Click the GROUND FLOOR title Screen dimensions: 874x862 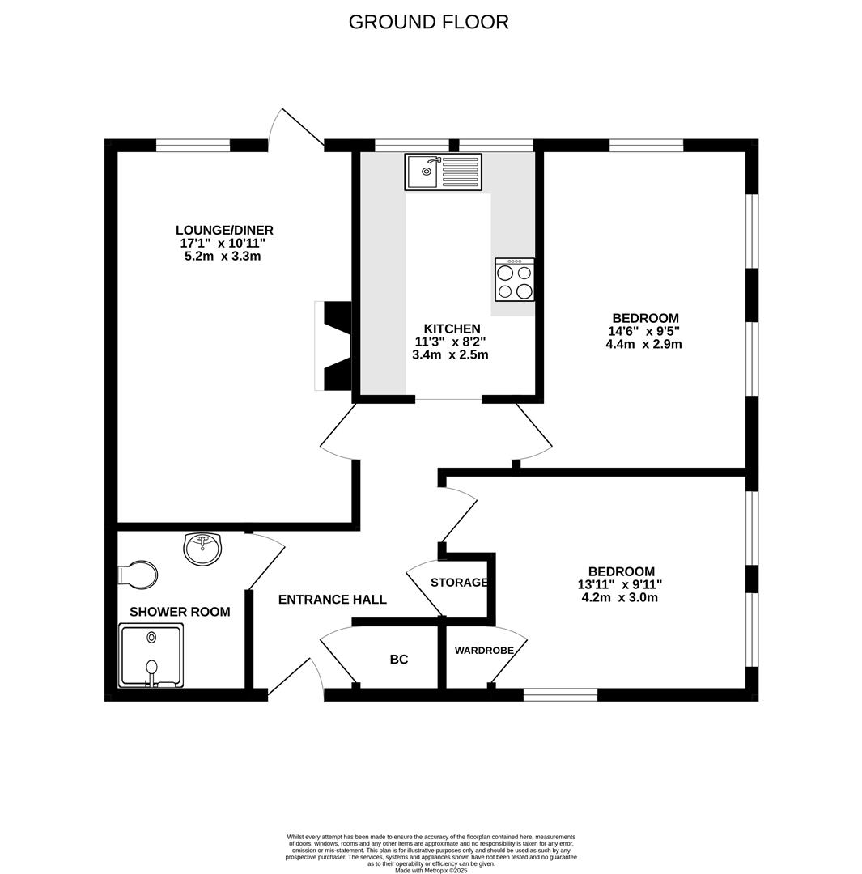pyautogui.click(x=428, y=22)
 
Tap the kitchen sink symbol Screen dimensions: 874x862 pyautogui.click(x=443, y=172)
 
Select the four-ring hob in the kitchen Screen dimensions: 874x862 pyautogui.click(x=515, y=280)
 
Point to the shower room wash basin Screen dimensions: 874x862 pyautogui.click(x=202, y=549)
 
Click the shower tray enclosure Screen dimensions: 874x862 pyautogui.click(x=151, y=655)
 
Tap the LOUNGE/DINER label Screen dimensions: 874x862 pyautogui.click(x=224, y=230)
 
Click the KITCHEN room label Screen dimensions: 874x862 pyautogui.click(x=452, y=329)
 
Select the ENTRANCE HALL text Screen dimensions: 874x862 pyautogui.click(x=332, y=600)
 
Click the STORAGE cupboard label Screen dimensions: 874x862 pyautogui.click(x=459, y=583)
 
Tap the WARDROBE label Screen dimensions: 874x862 pyautogui.click(x=484, y=651)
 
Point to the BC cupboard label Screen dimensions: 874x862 pyautogui.click(x=398, y=660)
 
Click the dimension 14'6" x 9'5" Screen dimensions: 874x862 pyautogui.click(x=643, y=331)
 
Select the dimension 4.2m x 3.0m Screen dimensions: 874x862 pyautogui.click(x=619, y=598)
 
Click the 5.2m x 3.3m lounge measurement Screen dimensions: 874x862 pyautogui.click(x=223, y=257)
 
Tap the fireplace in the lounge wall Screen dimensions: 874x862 pyautogui.click(x=334, y=346)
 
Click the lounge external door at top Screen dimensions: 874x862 pyautogui.click(x=297, y=129)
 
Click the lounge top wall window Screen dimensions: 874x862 pyautogui.click(x=193, y=146)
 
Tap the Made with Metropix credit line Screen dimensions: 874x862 pyautogui.click(x=431, y=870)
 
